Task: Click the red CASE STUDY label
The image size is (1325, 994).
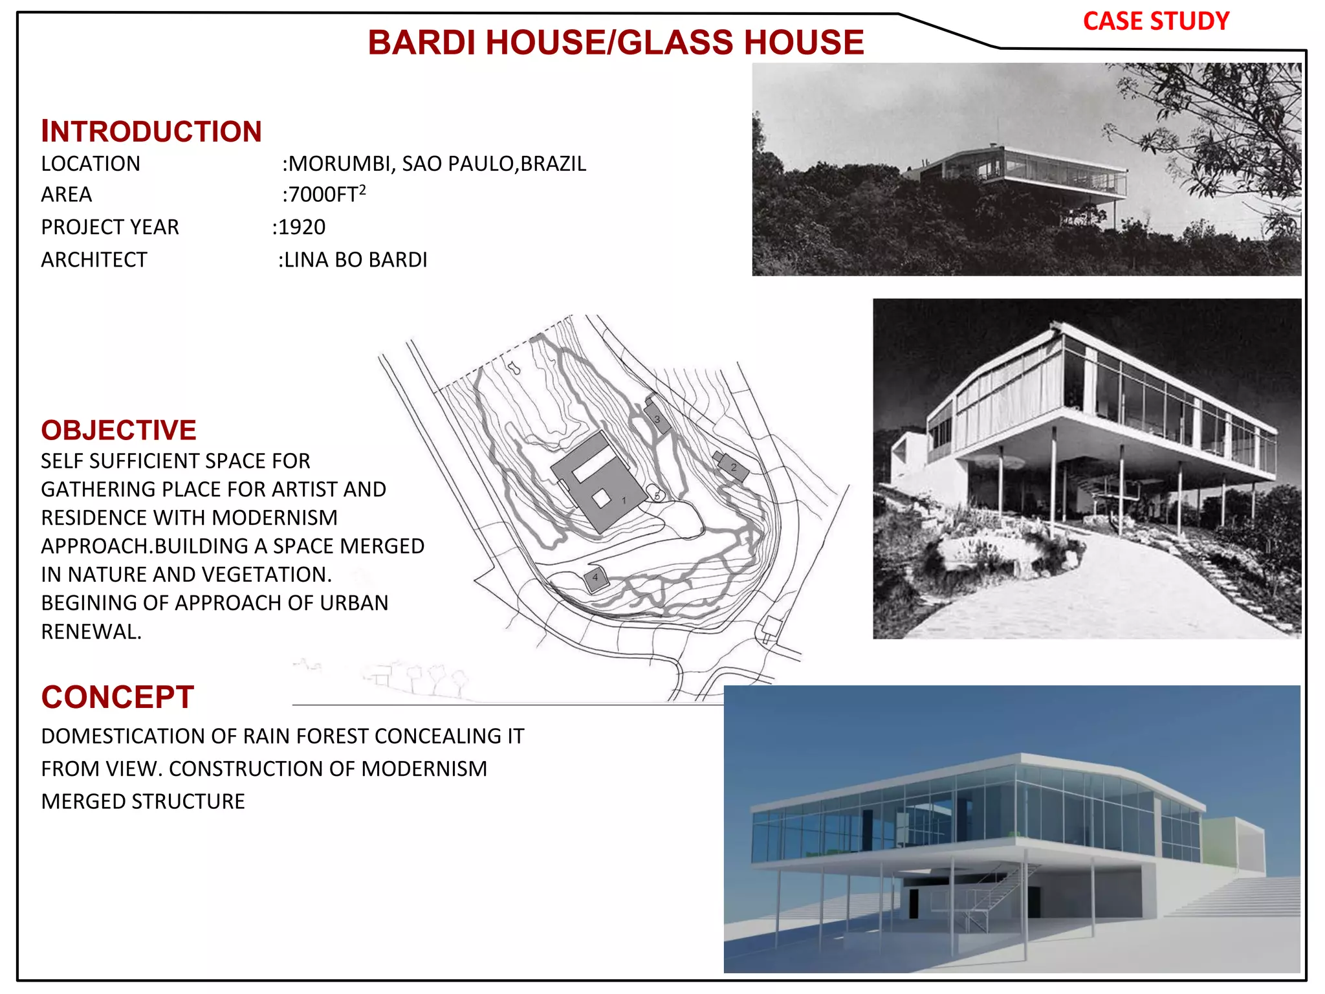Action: [x=1155, y=21]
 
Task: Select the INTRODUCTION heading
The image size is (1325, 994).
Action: [x=151, y=131]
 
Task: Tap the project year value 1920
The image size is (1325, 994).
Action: [x=301, y=227]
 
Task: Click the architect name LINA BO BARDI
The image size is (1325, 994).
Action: [x=355, y=260]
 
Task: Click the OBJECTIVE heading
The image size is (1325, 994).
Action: [x=118, y=430]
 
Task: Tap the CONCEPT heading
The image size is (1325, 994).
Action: [x=117, y=697]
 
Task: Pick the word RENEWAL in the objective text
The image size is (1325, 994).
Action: [x=91, y=632]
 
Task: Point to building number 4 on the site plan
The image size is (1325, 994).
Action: [x=595, y=578]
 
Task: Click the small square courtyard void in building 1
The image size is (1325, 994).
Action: [x=601, y=497]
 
